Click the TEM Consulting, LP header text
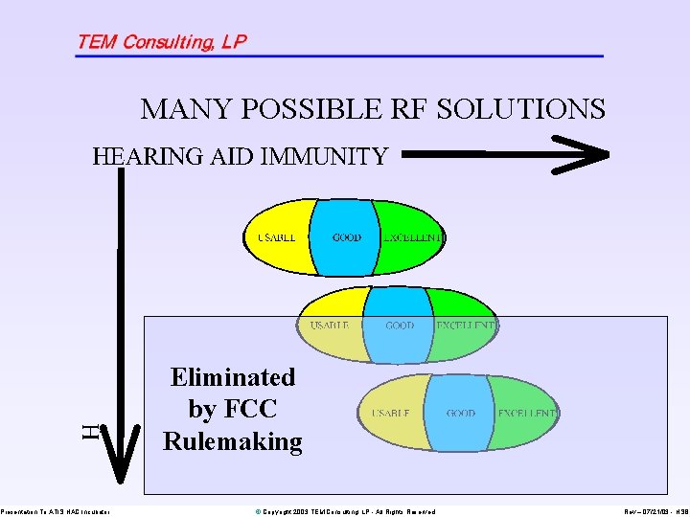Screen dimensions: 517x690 pyautogui.click(x=161, y=41)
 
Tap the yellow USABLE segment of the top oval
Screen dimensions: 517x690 pyautogui.click(x=277, y=236)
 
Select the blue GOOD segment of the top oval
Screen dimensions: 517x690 pyautogui.click(x=346, y=236)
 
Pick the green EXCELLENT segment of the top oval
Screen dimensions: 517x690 pyautogui.click(x=410, y=236)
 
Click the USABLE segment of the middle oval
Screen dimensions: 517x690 pyautogui.click(x=331, y=325)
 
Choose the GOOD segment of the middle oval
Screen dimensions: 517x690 pyautogui.click(x=399, y=326)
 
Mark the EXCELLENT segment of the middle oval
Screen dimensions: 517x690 pyautogui.click(x=464, y=325)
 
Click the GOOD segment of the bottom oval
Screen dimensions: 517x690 pyautogui.click(x=460, y=413)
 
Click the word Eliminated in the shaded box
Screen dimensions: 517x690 pyautogui.click(x=233, y=377)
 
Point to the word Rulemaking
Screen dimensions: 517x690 pyautogui.click(x=233, y=441)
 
